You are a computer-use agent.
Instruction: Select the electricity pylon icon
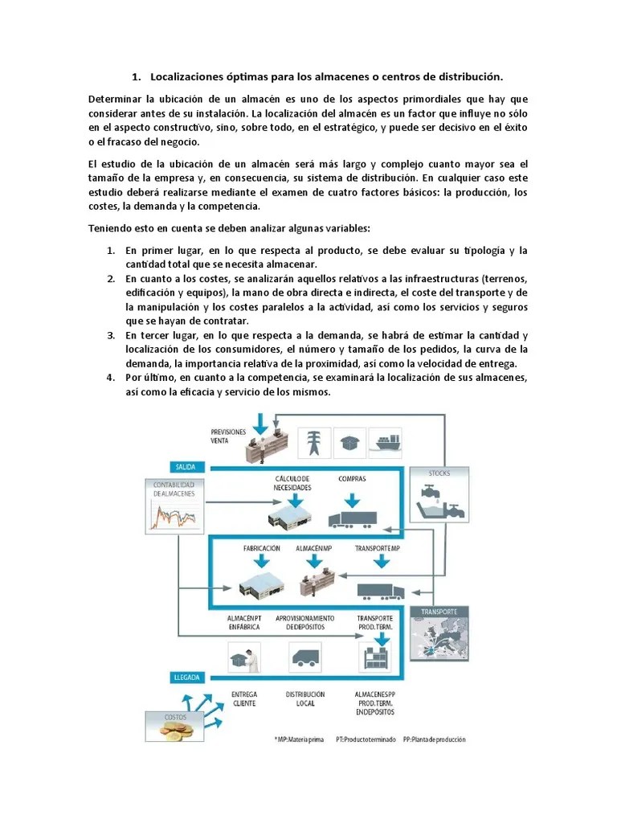(313, 443)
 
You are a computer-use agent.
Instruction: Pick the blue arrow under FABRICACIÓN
(262, 563)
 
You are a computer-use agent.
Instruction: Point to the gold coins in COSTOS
(175, 730)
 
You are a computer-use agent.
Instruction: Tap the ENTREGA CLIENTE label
(243, 698)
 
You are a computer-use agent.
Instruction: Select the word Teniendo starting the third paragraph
(109, 227)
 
